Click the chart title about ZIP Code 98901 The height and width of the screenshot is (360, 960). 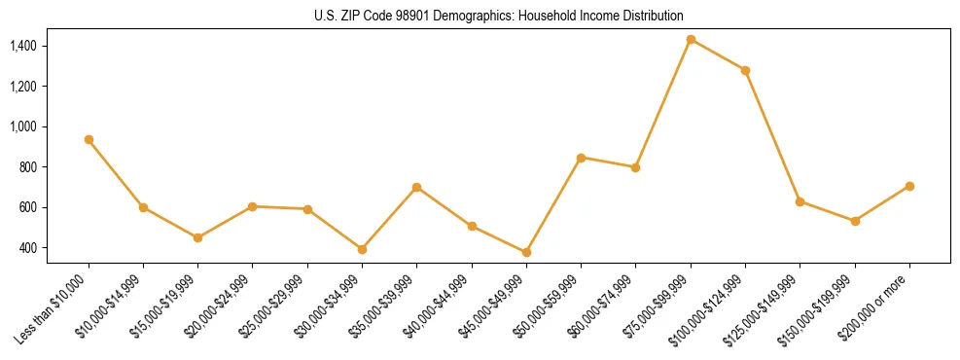[x=499, y=16]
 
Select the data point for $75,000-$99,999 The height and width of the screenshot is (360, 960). [x=691, y=40]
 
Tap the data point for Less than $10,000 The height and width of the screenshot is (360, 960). [x=89, y=139]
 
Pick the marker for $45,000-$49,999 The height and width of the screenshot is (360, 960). [x=526, y=252]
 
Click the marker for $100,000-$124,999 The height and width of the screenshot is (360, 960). [x=745, y=70]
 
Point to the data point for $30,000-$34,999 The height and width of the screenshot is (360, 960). [x=362, y=249]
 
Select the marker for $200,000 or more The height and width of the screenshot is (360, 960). [x=909, y=186]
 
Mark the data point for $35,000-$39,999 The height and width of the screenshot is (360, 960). [x=416, y=187]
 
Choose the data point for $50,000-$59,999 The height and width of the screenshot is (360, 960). [x=581, y=158]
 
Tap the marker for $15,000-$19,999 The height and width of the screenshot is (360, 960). [x=197, y=237]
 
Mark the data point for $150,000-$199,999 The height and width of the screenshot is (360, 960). [x=855, y=221]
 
